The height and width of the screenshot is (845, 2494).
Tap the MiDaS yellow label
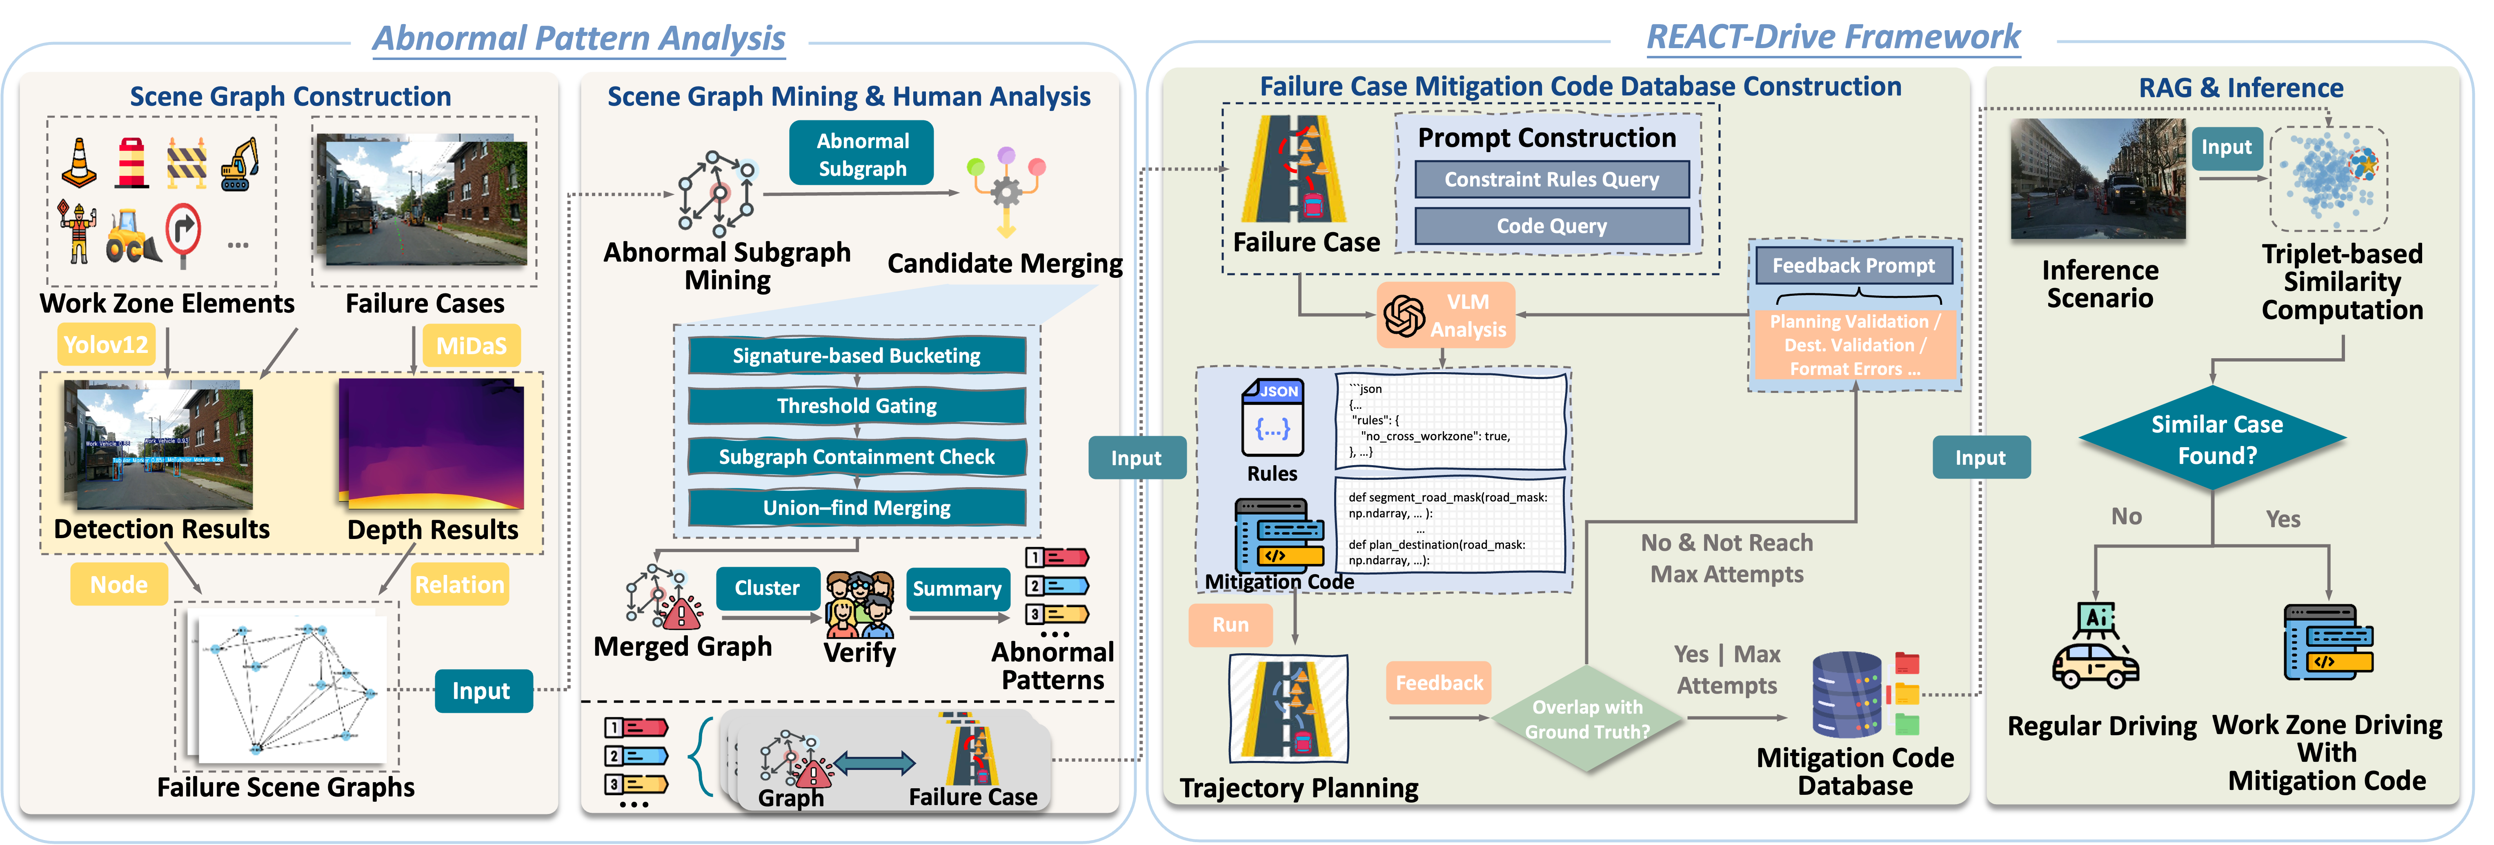coord(472,346)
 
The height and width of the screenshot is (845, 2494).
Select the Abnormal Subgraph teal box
coord(862,154)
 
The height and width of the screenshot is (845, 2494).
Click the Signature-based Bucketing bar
coord(857,355)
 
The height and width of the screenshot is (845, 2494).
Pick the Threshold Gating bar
coord(857,406)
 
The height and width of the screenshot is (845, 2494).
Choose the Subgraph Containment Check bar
coord(857,457)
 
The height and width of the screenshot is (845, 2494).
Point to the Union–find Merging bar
coord(857,507)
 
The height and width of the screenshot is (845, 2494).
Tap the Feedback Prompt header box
coord(1853,265)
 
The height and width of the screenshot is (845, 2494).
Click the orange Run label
coord(1230,624)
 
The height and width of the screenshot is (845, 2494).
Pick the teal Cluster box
coord(767,588)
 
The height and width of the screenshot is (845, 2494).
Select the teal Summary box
coord(957,588)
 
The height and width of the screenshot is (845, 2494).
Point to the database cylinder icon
coord(1845,694)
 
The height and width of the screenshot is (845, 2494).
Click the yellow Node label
coord(119,585)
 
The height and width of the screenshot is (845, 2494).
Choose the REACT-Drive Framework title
coord(1833,37)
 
